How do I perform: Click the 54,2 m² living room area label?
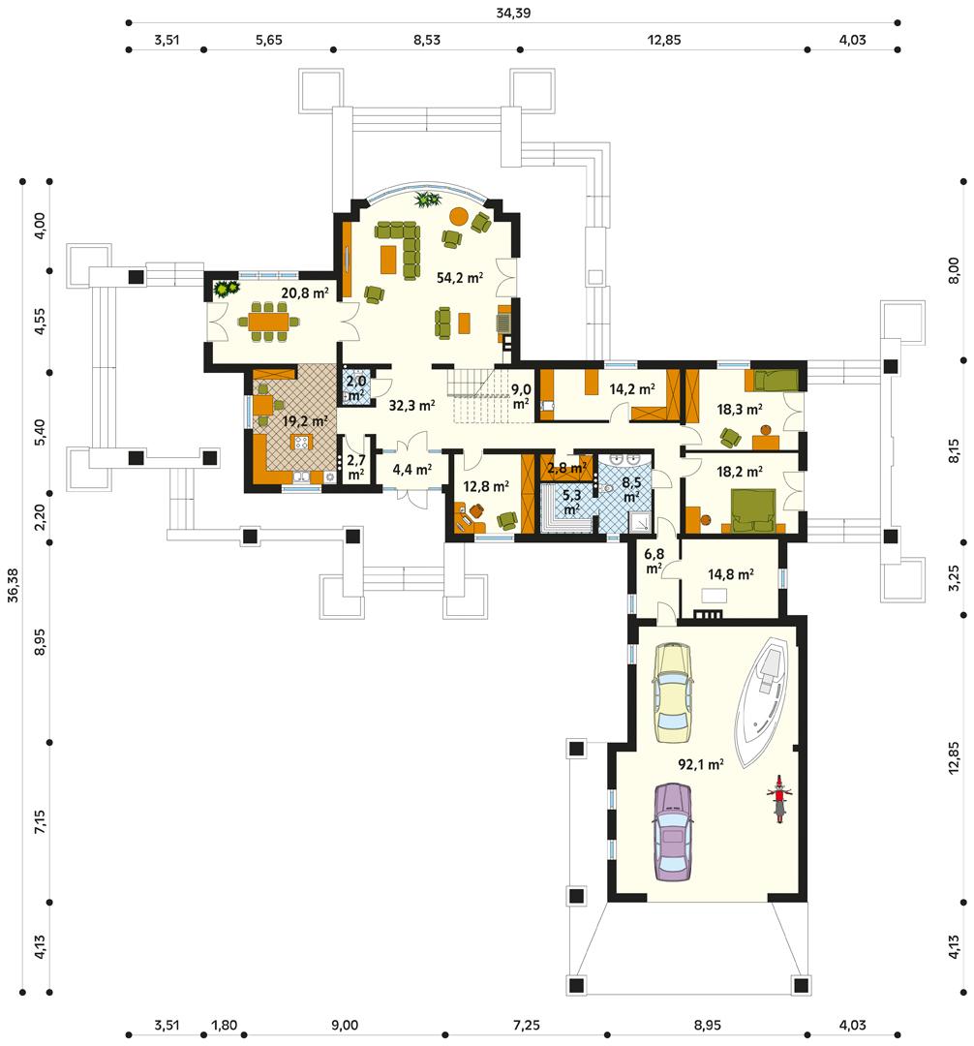(x=460, y=278)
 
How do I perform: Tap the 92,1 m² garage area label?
(x=701, y=764)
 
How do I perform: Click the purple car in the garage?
(x=674, y=832)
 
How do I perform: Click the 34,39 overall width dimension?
(x=512, y=13)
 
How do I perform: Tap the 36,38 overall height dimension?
(x=13, y=585)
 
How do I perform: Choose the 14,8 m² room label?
(x=731, y=573)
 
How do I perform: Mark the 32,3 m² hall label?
(x=411, y=406)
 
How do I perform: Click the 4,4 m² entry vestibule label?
(x=411, y=470)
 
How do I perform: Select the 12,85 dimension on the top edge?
(x=663, y=40)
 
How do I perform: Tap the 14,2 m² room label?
(x=631, y=388)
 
